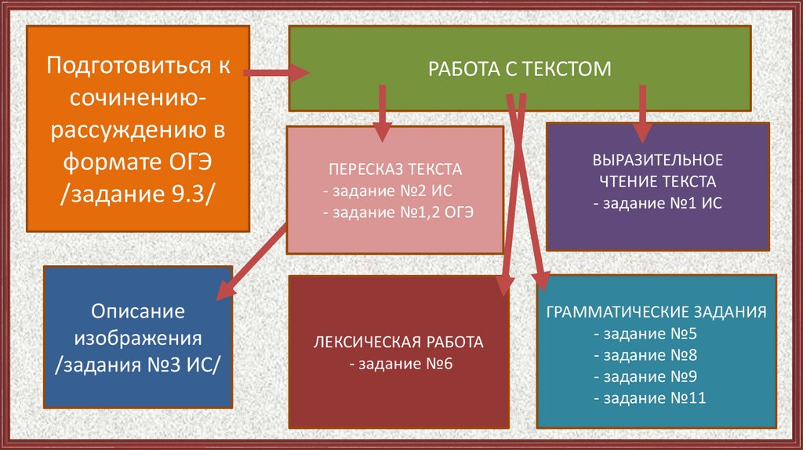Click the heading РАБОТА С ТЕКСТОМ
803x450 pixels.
[x=519, y=69]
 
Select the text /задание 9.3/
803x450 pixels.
[x=137, y=194]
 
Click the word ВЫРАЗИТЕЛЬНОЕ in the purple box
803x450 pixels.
[x=657, y=160]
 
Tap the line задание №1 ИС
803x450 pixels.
[x=657, y=202]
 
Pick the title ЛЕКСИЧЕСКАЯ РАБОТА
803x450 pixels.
[x=398, y=342]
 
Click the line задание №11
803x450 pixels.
[x=650, y=398]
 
